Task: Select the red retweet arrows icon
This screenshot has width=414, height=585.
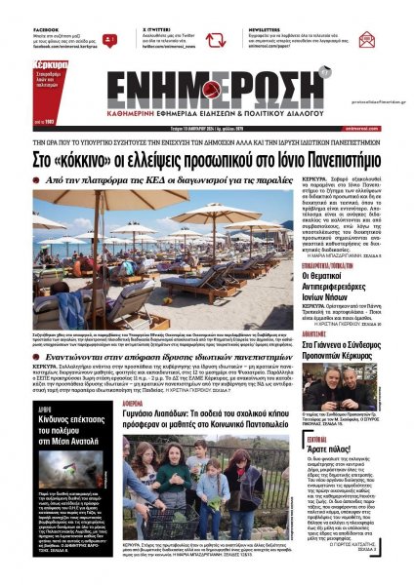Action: (x=215, y=40)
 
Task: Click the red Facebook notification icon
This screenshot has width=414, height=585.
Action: (x=110, y=40)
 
